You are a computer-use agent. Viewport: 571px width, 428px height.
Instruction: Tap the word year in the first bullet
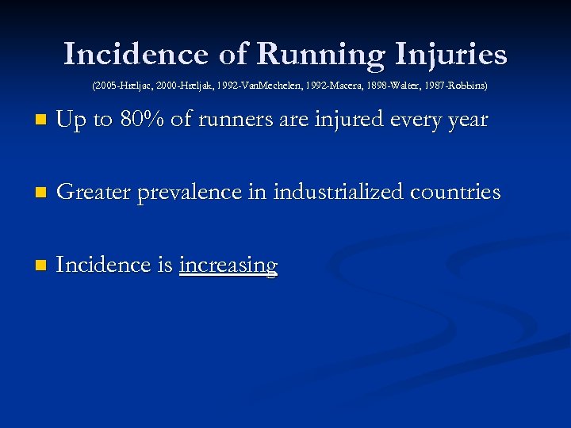(466, 120)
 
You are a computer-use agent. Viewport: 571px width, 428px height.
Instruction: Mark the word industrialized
(339, 192)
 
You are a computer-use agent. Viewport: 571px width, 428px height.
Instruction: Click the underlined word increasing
(228, 265)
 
